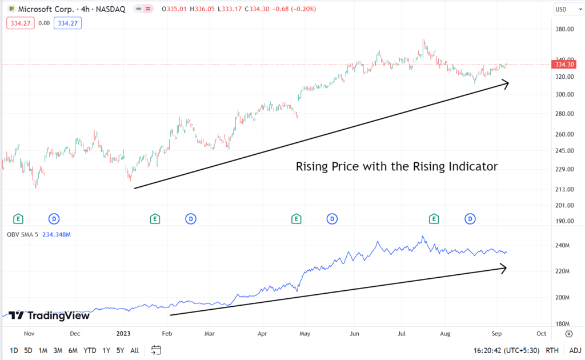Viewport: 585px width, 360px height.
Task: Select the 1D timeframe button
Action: click(x=14, y=350)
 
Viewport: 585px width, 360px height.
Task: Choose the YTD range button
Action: click(x=90, y=350)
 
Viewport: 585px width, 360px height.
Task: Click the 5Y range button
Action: click(x=120, y=350)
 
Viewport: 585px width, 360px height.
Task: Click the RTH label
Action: click(x=552, y=350)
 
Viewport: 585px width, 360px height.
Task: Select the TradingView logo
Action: click(x=49, y=315)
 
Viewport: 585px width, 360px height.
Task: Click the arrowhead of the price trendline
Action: click(x=504, y=84)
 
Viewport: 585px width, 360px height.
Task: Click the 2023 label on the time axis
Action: click(x=124, y=333)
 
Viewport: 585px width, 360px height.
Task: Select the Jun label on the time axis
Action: click(x=354, y=333)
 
